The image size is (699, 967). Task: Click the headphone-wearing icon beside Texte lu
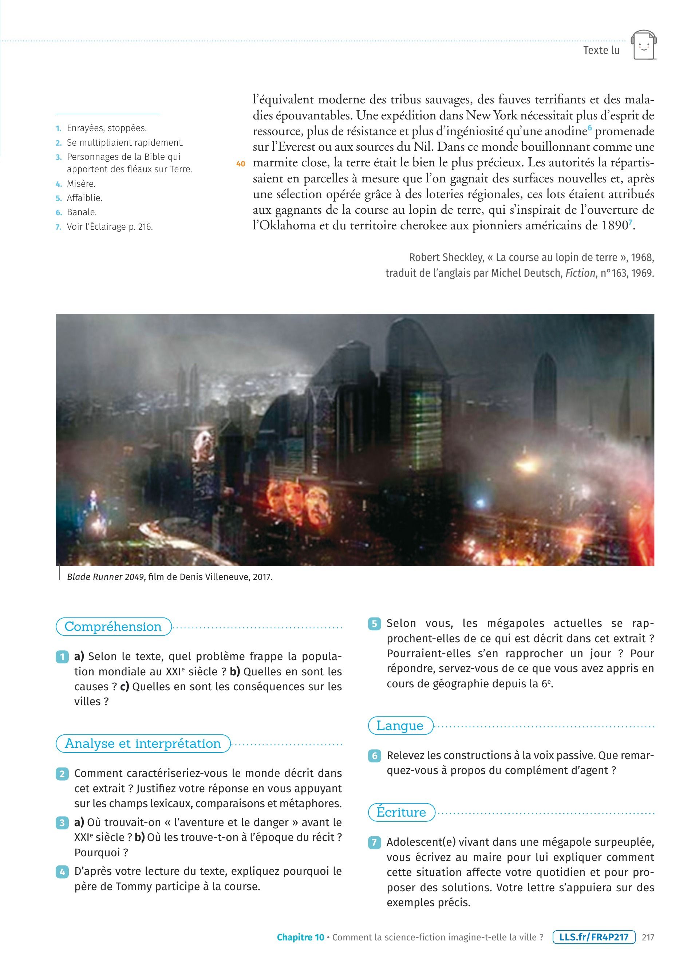click(x=644, y=45)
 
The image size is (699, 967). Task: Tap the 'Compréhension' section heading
click(x=113, y=626)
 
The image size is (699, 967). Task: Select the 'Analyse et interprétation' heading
click(x=143, y=743)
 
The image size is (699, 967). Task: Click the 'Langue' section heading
click(x=400, y=725)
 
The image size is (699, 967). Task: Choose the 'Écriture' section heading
click(x=401, y=812)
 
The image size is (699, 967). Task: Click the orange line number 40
click(x=240, y=164)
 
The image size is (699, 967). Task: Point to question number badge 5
click(x=374, y=624)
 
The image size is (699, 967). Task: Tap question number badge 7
click(x=374, y=842)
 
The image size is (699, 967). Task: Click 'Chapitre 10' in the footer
click(x=300, y=937)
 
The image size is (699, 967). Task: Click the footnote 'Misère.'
click(x=81, y=184)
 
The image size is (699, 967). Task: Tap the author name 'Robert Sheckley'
click(x=442, y=257)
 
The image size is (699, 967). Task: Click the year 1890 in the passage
click(x=615, y=225)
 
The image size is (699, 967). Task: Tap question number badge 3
click(x=62, y=823)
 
